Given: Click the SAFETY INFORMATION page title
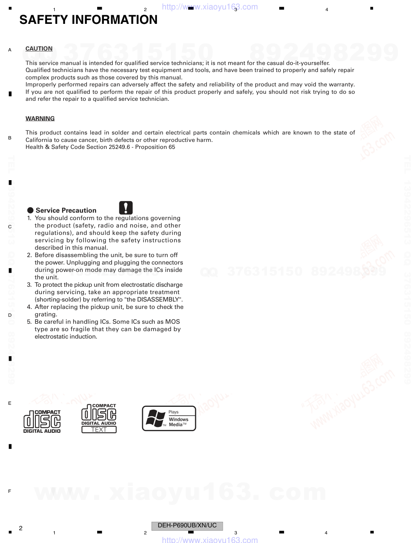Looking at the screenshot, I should tap(88, 20).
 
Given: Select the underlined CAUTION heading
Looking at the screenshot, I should tap(39, 49).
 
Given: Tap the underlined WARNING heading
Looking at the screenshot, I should tap(40, 118).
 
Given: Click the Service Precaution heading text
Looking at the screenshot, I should tap(66, 210).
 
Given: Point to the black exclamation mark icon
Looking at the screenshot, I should tap(126, 208).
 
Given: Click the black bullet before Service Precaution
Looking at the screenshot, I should tap(30, 210).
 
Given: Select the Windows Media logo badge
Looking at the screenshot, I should tap(169, 418).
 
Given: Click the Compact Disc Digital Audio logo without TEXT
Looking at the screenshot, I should tap(42, 421).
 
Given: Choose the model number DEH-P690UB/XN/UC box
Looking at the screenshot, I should tap(187, 526).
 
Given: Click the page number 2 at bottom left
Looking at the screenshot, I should tap(21, 528).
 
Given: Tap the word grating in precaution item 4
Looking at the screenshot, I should tap(46, 314).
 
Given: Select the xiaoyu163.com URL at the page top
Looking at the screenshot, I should tap(210, 7).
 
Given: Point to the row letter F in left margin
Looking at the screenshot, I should tap(9, 491).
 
